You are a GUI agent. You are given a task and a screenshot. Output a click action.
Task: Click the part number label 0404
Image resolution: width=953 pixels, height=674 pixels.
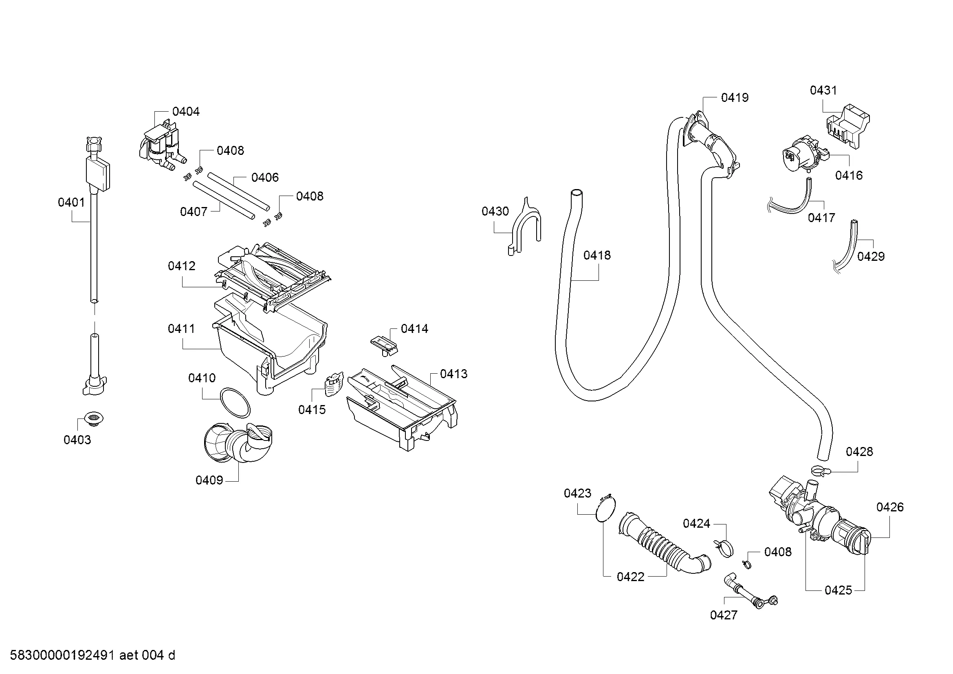coord(185,111)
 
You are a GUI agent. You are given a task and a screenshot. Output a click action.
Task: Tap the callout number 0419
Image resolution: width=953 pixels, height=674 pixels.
coord(735,97)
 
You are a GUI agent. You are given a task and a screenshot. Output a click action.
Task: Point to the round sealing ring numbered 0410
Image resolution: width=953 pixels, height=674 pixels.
coord(235,403)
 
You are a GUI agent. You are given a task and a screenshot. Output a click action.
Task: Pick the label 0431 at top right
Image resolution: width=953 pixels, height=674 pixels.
coord(823,90)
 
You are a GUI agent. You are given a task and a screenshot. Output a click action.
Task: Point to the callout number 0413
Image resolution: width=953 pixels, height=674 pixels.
coord(453,374)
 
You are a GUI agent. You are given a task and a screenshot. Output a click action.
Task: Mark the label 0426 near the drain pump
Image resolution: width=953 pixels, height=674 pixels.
coord(890,507)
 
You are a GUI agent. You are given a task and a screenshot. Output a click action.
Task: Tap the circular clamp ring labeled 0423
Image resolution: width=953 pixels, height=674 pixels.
coord(606,508)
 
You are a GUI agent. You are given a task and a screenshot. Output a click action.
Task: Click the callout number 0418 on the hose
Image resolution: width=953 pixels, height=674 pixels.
coord(597,255)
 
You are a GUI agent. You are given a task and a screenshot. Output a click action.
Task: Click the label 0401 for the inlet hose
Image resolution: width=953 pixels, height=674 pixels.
coord(71,202)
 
